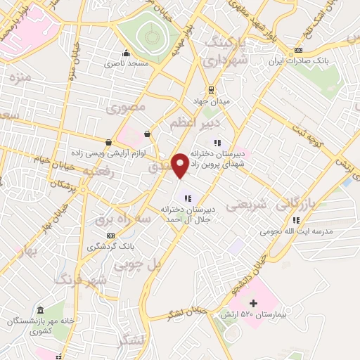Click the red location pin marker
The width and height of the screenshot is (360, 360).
[181, 165]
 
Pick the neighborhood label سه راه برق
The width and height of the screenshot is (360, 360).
[126, 219]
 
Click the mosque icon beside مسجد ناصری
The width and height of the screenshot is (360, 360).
[127, 52]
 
